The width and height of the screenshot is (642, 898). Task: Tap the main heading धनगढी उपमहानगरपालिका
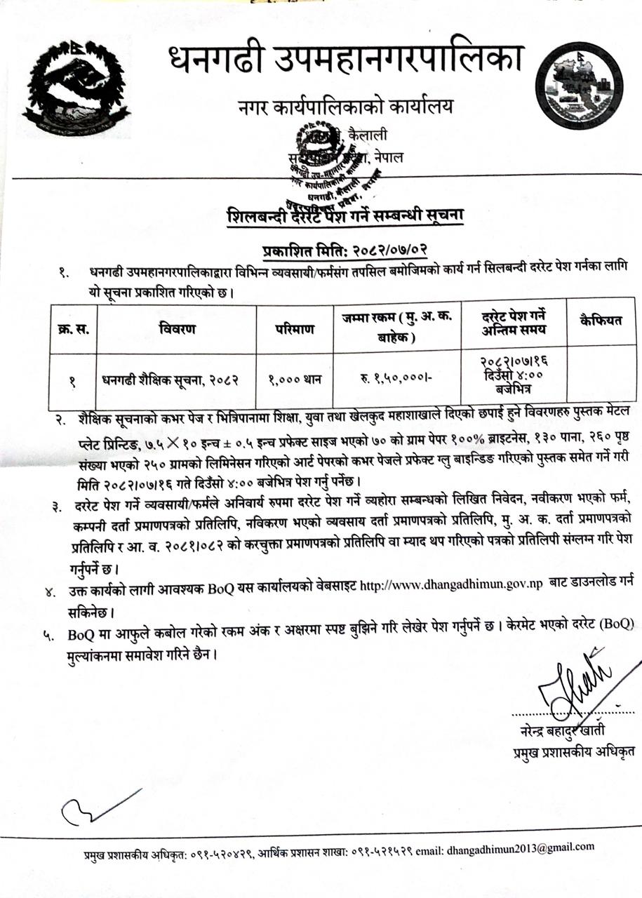point(345,60)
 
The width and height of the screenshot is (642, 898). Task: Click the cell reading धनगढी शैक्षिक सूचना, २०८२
point(171,381)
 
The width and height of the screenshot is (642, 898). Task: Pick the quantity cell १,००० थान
point(294,381)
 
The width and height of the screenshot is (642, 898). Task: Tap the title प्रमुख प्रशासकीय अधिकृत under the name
point(569,753)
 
